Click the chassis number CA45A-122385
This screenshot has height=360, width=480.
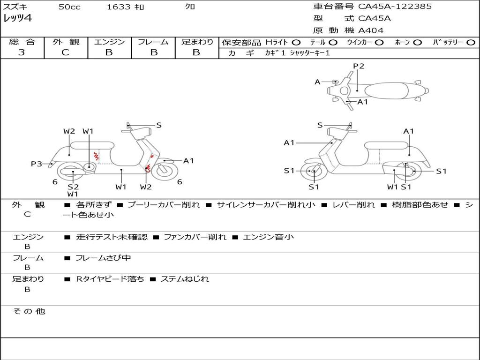coord(395,7)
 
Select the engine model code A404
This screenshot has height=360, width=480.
coord(371,30)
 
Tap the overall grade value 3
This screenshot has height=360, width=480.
coord(22,52)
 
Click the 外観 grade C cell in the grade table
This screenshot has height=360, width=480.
coord(66,52)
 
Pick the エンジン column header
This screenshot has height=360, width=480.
coord(109,42)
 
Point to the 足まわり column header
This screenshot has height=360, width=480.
coord(197,42)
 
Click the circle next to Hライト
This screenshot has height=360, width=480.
coord(296,42)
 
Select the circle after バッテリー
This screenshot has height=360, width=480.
coord(471,42)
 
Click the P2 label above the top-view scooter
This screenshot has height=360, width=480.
coord(359,66)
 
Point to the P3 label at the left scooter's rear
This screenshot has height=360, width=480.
coord(37,164)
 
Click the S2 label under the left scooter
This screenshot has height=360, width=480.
coord(73,186)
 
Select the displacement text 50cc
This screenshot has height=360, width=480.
coord(69,7)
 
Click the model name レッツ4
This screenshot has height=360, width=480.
coord(17,19)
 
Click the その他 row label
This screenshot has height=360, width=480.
coord(28,311)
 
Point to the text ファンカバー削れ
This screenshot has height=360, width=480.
coord(195,237)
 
